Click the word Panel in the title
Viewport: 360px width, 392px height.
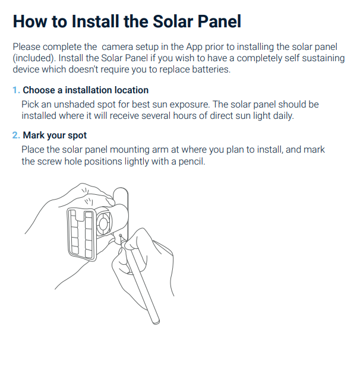click(219, 21)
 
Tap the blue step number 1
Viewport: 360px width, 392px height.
click(16, 90)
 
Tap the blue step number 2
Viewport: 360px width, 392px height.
click(16, 135)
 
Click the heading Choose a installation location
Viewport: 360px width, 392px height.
click(86, 90)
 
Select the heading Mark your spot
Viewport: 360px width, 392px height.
click(55, 135)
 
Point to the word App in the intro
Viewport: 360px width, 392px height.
click(194, 48)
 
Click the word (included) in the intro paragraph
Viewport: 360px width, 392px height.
click(34, 58)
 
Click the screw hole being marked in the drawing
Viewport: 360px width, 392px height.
click(121, 236)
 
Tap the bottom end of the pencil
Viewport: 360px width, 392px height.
click(156, 322)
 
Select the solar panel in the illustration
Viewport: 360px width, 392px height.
click(82, 234)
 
